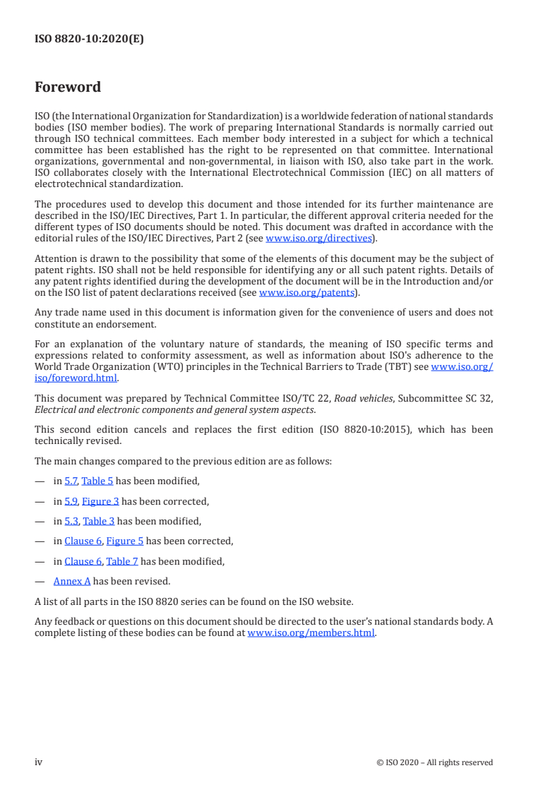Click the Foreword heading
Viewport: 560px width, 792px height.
coord(68,88)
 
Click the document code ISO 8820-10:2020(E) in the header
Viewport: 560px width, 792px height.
coord(89,40)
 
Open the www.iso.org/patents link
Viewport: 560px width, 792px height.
coord(308,292)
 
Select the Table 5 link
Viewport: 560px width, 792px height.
coord(97,481)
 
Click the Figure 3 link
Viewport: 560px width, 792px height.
coord(100,501)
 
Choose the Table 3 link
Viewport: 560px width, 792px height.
coord(99,522)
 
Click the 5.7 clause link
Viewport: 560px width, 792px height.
coord(71,481)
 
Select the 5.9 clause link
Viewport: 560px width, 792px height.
coord(71,501)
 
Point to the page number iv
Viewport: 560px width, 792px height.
coord(39,762)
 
